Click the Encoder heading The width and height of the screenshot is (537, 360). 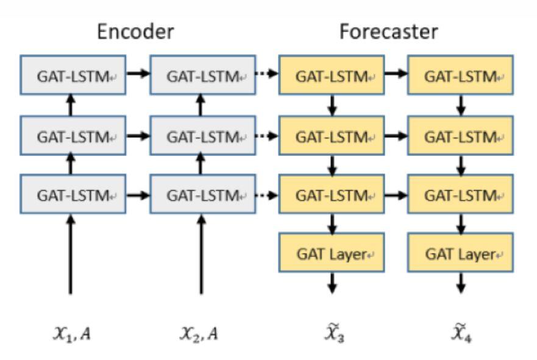(x=136, y=32)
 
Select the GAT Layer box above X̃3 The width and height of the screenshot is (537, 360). (x=331, y=253)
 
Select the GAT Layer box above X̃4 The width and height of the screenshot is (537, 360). (x=460, y=253)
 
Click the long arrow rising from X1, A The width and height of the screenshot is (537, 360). (x=71, y=256)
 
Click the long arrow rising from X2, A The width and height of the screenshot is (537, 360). (x=202, y=256)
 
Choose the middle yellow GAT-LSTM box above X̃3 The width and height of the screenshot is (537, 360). (x=331, y=135)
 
